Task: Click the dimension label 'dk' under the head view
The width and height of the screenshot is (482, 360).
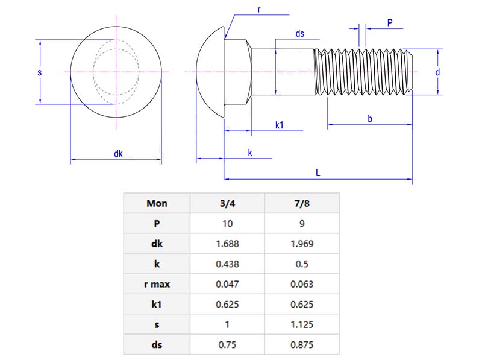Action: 118,154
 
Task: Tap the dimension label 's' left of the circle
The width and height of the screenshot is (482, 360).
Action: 39,72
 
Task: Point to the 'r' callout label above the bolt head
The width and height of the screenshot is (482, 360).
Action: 258,9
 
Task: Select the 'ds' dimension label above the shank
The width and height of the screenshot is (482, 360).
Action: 299,34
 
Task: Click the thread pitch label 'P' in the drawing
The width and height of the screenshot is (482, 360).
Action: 390,22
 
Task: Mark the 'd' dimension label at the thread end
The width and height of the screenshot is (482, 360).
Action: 437,72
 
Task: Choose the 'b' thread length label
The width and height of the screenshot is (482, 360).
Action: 370,119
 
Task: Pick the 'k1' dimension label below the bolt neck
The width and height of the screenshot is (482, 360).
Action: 280,125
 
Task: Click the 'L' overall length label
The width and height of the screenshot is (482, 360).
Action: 318,172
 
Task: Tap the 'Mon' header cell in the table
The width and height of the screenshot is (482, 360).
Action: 157,203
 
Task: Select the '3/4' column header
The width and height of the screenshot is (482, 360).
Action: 227,203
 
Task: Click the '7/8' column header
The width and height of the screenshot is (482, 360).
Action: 302,203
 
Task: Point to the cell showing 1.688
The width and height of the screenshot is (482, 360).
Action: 227,244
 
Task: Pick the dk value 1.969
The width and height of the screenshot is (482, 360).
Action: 302,244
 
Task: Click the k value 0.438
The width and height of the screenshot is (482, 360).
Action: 227,264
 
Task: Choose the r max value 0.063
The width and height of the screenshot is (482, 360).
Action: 302,284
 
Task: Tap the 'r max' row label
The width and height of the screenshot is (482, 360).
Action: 157,284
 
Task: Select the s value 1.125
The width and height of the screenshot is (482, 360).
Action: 302,324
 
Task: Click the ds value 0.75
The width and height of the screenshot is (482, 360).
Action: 227,345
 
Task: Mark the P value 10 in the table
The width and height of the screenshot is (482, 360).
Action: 227,223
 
